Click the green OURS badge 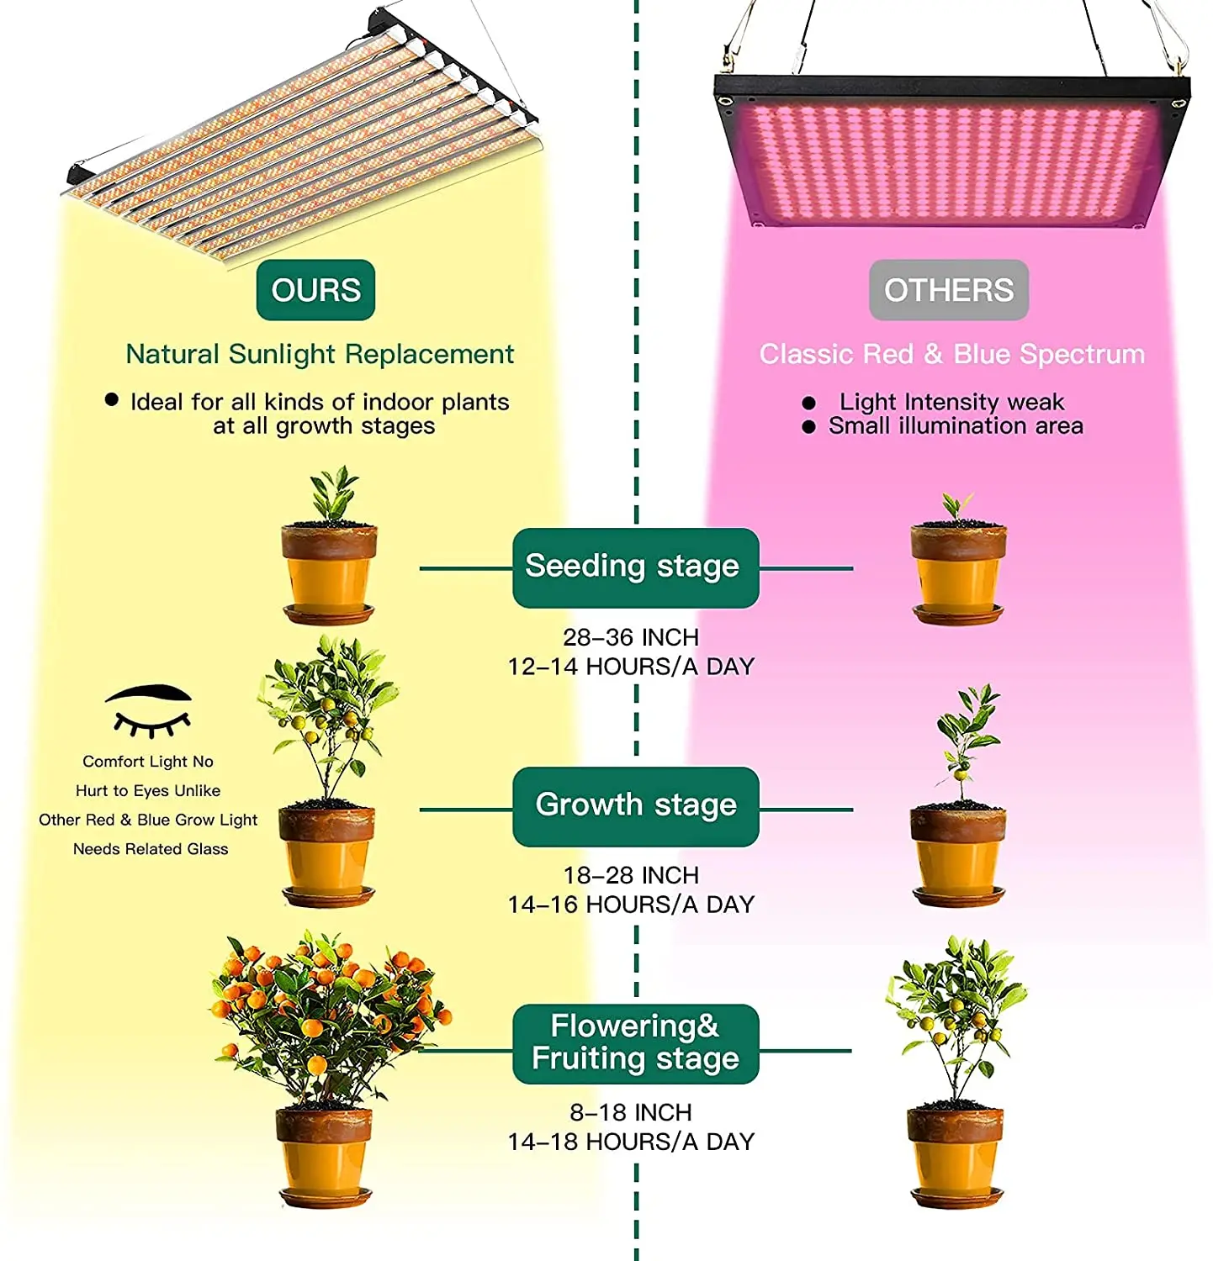tap(315, 290)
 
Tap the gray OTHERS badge tap(948, 290)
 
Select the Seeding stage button tap(635, 567)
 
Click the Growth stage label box tap(635, 805)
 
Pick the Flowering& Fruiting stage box tap(635, 1042)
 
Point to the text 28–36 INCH tap(631, 637)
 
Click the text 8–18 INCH tap(631, 1112)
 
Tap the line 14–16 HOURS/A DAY tap(631, 905)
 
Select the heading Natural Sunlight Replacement tap(320, 354)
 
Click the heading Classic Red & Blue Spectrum tap(951, 354)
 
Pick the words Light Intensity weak tap(951, 402)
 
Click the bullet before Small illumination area tap(808, 427)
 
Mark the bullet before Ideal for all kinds tap(111, 400)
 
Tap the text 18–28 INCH tap(631, 875)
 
